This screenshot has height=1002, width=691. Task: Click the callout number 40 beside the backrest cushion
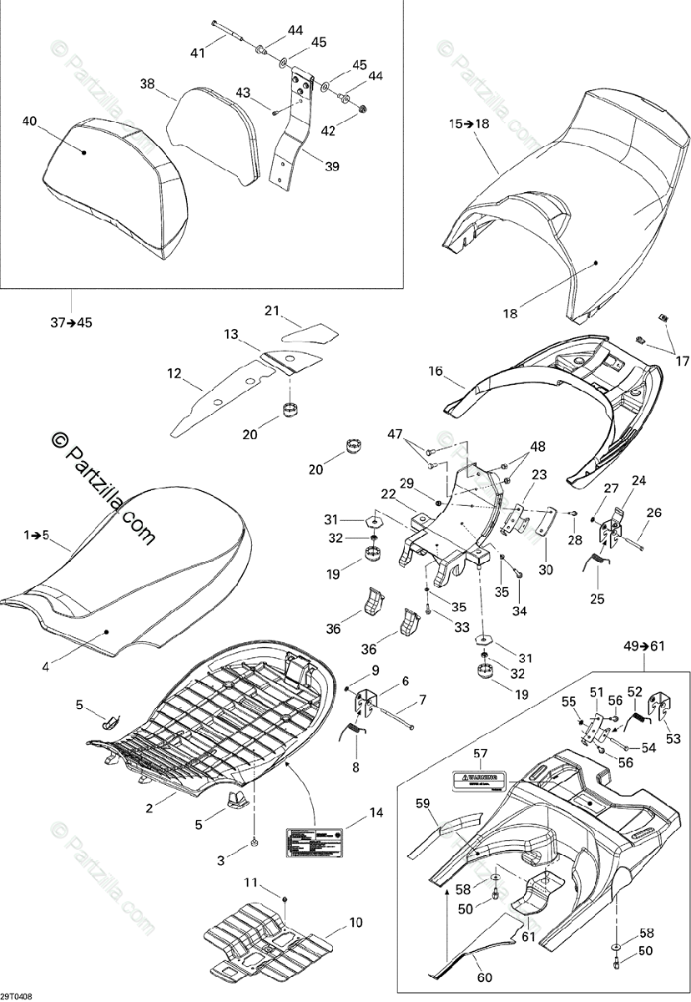pos(29,122)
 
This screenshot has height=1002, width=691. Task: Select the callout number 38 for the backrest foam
pos(147,83)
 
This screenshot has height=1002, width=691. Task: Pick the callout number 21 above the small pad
pos(270,311)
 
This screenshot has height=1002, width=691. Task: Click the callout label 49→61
pos(644,645)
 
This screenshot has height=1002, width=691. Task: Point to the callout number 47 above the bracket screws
pos(394,434)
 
